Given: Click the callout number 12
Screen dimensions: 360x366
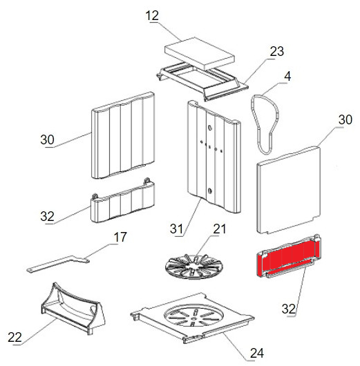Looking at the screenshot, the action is tap(152, 16).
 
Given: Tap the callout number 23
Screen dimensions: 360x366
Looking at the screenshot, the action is tap(277, 51).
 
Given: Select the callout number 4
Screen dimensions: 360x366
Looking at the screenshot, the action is tap(287, 76).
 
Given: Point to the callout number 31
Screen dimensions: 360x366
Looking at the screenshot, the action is tap(176, 229).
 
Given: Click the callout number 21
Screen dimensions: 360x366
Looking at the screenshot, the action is tap(219, 229).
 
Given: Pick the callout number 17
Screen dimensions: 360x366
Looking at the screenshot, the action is tap(120, 237).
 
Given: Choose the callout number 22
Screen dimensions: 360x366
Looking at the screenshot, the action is tap(15, 337).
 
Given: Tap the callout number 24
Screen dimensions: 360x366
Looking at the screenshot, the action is tap(257, 353).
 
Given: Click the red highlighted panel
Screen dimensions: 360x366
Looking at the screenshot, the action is tap(289, 256).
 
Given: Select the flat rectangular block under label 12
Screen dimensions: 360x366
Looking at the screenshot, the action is tap(200, 53).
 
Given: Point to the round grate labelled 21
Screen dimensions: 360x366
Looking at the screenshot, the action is tap(194, 267).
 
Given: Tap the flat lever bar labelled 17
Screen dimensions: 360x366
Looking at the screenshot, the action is tap(58, 263).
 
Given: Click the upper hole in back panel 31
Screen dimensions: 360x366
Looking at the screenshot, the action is tap(209, 128).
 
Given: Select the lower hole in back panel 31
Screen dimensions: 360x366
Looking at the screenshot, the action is tap(209, 191).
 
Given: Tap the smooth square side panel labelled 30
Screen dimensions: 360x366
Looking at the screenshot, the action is tap(289, 189).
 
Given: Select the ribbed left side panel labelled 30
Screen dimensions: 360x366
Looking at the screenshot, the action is tap(122, 135).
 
